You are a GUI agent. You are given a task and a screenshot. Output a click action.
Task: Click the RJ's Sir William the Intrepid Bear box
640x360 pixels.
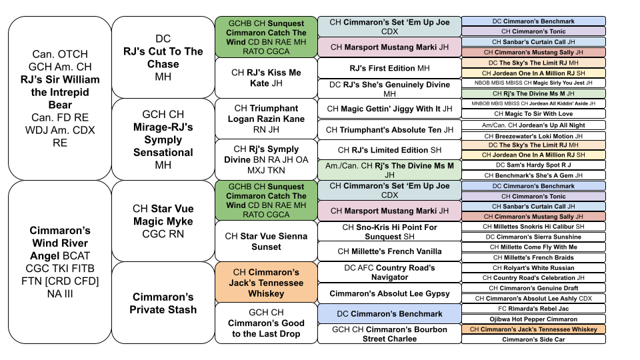60,99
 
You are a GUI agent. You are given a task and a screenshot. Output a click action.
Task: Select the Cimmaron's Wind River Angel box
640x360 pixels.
60,262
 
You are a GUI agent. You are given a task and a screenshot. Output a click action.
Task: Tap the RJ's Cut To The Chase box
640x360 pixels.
163,57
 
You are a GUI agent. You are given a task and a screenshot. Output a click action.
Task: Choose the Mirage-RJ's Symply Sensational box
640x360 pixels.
163,139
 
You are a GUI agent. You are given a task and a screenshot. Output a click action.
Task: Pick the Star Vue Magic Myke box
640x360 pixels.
163,221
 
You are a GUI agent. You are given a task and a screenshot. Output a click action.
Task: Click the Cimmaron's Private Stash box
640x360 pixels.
163,303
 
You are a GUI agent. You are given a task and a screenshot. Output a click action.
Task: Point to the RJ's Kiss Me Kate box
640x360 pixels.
266,78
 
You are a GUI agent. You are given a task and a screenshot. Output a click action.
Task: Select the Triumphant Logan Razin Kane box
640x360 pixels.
266,119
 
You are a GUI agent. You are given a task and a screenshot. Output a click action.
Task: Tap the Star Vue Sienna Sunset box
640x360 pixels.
266,241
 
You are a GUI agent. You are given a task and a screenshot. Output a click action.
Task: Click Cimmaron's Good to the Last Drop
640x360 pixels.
266,323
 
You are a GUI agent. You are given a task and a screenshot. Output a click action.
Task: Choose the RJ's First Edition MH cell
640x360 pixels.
389,68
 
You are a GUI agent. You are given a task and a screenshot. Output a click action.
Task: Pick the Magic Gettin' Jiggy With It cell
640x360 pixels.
389,109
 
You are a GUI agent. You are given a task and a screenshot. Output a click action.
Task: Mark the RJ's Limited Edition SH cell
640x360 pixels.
389,150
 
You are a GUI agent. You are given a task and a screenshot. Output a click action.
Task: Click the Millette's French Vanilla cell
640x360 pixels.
389,251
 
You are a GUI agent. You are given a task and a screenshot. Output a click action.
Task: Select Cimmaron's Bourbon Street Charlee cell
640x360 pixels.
389,334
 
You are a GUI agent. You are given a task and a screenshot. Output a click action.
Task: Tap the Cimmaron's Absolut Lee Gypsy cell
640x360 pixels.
389,293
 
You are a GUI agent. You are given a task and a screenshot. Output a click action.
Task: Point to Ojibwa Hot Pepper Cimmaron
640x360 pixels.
533,319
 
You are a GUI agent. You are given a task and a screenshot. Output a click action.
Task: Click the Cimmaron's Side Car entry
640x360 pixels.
533,339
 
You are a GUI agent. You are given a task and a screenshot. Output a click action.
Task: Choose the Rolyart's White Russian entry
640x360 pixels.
533,268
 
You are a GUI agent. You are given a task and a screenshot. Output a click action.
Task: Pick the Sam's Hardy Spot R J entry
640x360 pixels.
533,165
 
